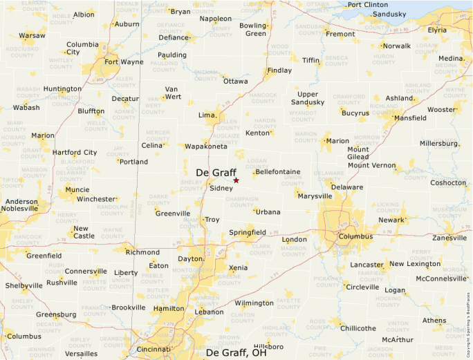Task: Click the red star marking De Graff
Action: pos(236,180)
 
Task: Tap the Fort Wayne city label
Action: pos(124,61)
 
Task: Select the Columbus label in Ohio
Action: pos(356,236)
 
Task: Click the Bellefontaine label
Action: pos(277,171)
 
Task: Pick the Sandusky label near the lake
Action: pos(389,14)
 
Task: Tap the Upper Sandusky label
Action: pos(307,98)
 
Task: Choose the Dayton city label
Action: pos(190,258)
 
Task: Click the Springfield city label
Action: pos(248,232)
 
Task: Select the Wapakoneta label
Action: pos(205,146)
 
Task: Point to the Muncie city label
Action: pos(77,189)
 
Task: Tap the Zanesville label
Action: pos(449,238)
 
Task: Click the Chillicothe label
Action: pos(358,328)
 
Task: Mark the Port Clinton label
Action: pos(368,5)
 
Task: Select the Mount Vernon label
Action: pos(371,165)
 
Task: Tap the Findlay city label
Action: pos(279,70)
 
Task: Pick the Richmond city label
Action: pos(143,252)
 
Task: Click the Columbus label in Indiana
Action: pos(24,337)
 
